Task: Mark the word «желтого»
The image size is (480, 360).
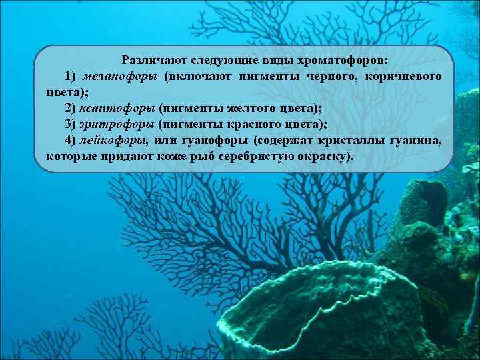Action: click(x=243, y=107)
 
